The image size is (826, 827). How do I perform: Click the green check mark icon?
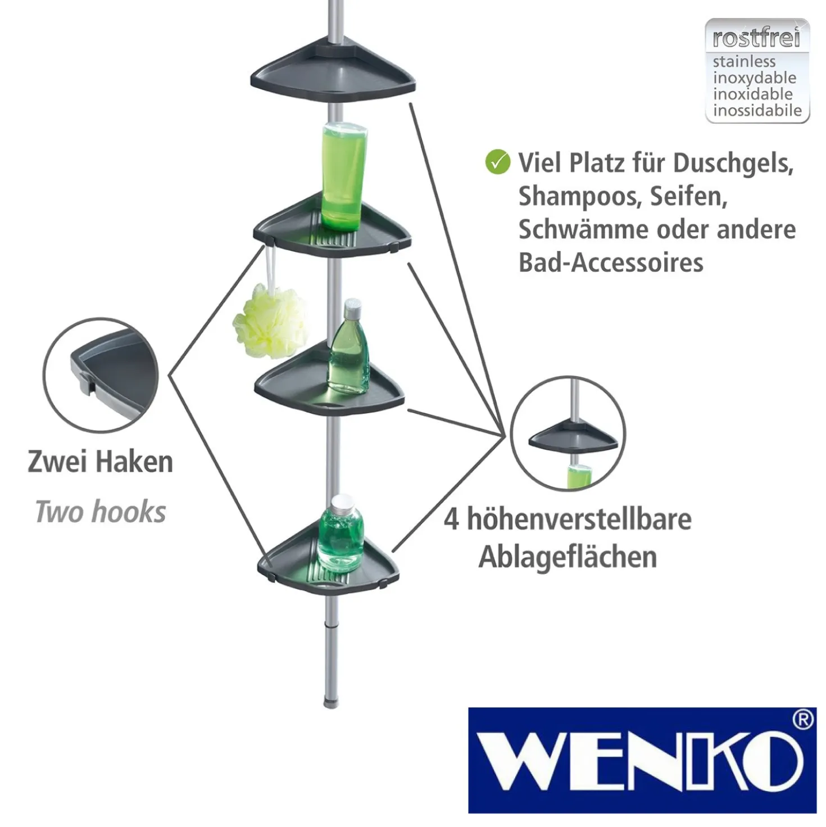(498, 162)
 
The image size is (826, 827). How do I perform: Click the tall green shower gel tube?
(344, 176)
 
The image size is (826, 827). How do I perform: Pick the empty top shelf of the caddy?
(333, 71)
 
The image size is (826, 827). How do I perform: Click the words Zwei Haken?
(101, 462)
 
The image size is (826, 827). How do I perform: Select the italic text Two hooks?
(101, 512)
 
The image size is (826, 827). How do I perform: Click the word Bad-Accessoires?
(611, 262)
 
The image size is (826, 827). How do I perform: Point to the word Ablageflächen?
(568, 558)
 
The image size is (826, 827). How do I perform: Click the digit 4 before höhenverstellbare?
(451, 519)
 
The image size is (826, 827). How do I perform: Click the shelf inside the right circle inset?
(573, 439)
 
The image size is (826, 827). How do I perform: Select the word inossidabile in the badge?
(757, 110)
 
